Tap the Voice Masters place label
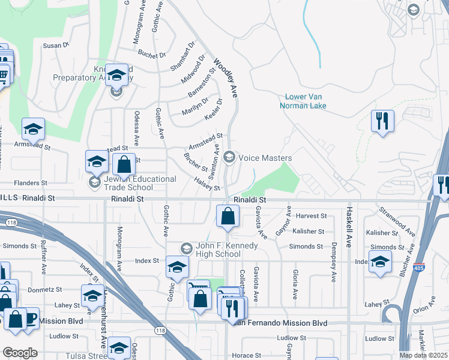tap(265, 158)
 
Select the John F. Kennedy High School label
tap(218, 250)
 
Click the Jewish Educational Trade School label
tap(139, 182)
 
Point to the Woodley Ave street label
tap(226, 77)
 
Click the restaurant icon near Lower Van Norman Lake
tap(382, 121)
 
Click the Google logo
tap(19, 353)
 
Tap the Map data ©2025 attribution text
tap(423, 355)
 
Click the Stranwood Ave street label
tap(397, 221)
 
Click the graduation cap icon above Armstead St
tap(34, 128)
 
